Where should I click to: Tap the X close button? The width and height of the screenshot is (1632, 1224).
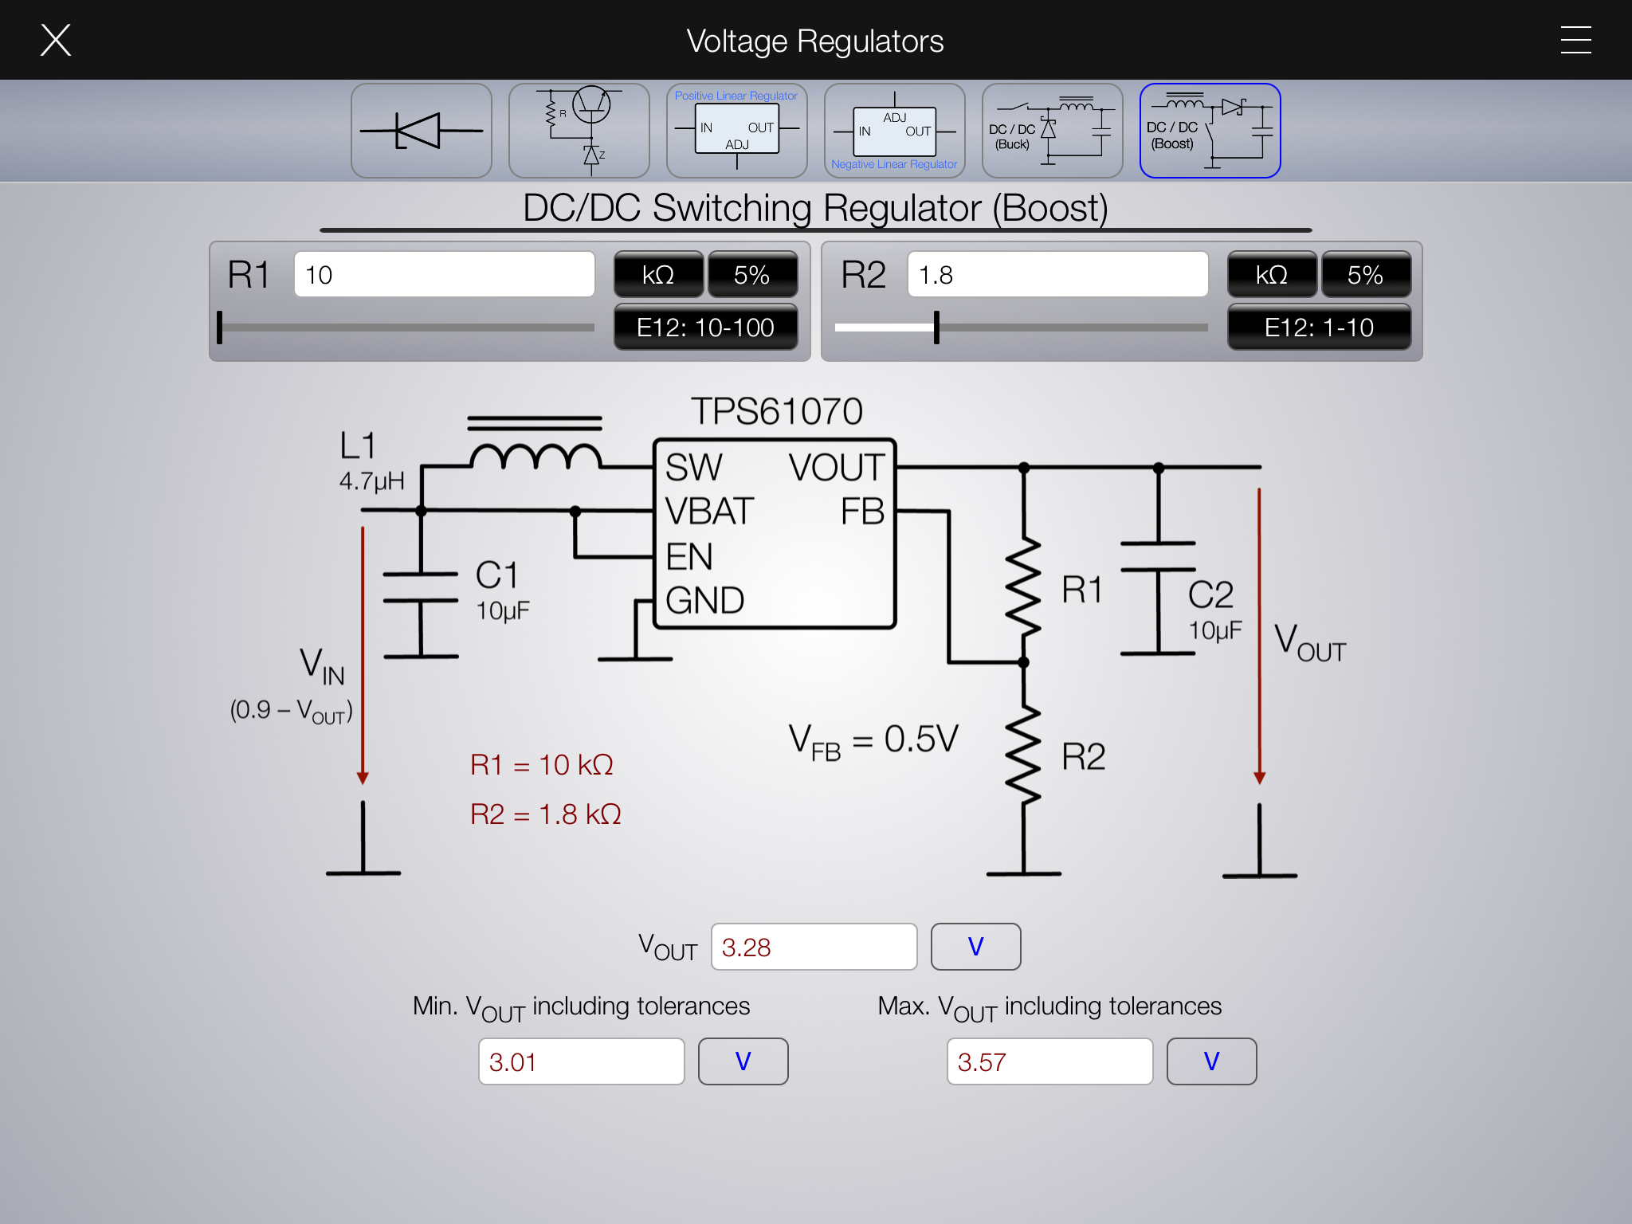pos(56,40)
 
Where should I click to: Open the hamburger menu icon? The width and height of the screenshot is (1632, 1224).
pos(1575,40)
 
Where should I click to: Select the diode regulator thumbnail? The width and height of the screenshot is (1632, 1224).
pos(421,131)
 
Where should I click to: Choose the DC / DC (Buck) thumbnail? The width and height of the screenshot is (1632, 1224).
pos(1052,131)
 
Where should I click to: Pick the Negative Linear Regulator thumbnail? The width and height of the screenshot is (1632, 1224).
pos(894,131)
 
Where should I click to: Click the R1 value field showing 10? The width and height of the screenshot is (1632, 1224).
pos(444,275)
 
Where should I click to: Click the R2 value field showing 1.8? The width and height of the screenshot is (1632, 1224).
pos(1057,275)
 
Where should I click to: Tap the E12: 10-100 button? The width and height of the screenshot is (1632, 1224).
pos(705,327)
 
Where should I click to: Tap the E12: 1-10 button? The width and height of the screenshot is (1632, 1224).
pos(1319,327)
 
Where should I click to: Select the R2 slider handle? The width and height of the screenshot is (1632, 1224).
pos(936,328)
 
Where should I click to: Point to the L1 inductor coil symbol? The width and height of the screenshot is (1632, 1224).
pos(535,457)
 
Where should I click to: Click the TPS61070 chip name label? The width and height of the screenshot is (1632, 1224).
pos(776,411)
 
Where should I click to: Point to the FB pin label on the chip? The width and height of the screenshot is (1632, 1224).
pos(862,512)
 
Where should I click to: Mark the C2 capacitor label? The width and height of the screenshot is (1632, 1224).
pos(1210,594)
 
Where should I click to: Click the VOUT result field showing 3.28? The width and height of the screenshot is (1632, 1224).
pos(814,947)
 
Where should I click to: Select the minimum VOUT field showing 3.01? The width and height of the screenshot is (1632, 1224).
pos(581,1061)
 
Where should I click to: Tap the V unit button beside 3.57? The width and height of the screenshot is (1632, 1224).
pos(1211,1061)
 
